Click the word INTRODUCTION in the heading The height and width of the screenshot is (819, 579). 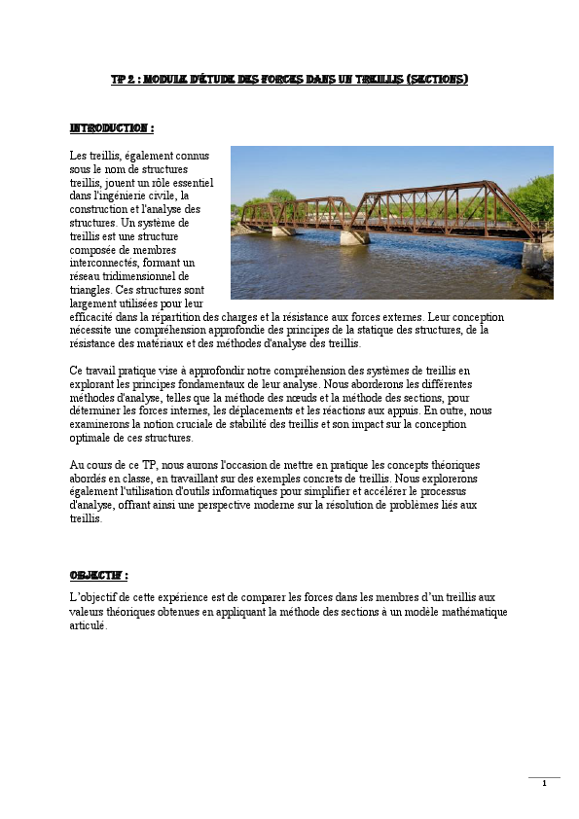109,128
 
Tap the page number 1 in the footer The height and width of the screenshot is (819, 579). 545,784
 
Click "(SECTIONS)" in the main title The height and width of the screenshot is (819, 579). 435,80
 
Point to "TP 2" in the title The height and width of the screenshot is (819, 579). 122,80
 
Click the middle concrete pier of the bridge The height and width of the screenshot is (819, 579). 354,236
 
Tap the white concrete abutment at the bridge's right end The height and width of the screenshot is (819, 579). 535,254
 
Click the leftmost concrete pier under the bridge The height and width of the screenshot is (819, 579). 282,231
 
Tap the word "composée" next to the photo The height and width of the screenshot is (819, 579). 95,249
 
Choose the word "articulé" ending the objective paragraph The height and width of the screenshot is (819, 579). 88,625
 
